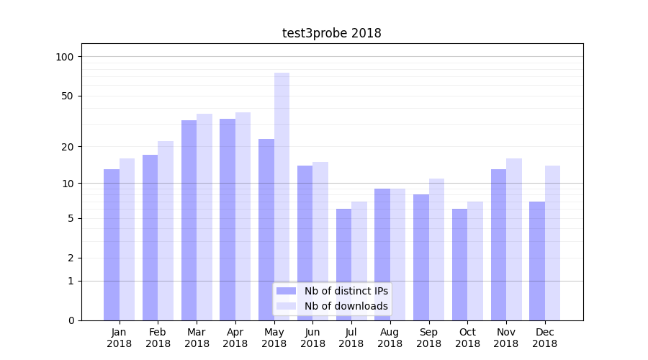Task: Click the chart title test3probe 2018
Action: pos(331,33)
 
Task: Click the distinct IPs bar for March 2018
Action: pos(189,220)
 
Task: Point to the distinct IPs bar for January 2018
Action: pos(112,244)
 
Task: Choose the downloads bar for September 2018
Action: pos(436,249)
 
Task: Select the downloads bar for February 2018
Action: pos(166,230)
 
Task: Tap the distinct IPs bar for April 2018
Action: pos(228,219)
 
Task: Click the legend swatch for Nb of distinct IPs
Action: pos(287,291)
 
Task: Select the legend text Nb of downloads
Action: pos(346,306)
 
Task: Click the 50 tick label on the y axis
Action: pos(68,96)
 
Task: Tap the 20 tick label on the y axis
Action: pos(68,147)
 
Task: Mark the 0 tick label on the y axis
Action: pos(71,320)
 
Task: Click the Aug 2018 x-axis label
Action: pos(390,338)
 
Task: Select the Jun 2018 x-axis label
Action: pos(312,338)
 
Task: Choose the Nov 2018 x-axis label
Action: pos(506,338)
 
